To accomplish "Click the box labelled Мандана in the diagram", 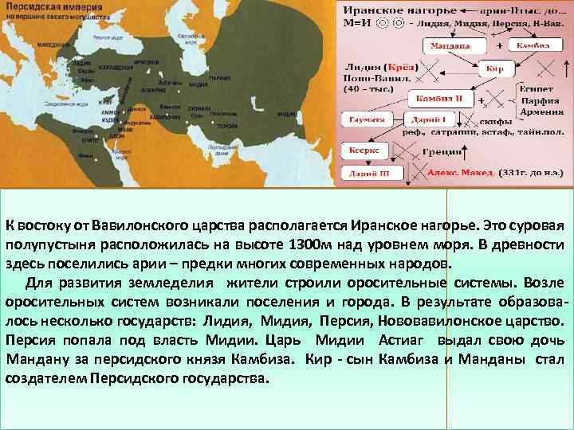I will click(450, 46).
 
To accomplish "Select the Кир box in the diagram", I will click(496, 69).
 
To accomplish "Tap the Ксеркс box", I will click(366, 149).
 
